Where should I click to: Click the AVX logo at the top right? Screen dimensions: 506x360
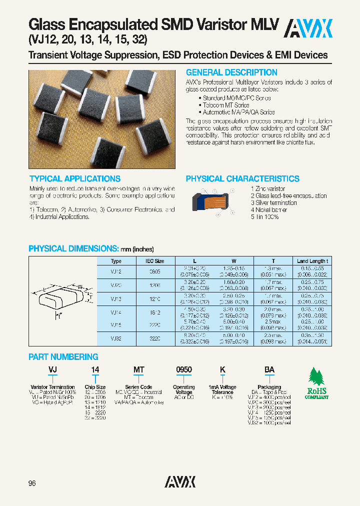(x=308, y=28)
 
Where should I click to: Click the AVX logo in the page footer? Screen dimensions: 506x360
(x=180, y=482)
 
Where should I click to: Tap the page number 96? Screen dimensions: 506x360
(x=33, y=482)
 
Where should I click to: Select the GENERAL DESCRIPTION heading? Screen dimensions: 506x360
(x=231, y=72)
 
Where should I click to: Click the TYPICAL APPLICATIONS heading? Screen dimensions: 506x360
(x=75, y=178)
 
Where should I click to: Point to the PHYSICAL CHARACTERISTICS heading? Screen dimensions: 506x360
(x=242, y=178)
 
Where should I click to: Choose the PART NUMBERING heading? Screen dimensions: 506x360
(x=63, y=357)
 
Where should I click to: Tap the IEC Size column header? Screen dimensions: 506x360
(x=155, y=261)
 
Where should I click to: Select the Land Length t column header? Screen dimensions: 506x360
(x=312, y=261)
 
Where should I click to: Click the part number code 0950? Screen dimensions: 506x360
(x=184, y=369)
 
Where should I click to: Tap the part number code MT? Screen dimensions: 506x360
(x=138, y=369)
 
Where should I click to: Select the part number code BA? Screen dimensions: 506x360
(x=269, y=369)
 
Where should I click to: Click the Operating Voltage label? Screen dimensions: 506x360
(x=184, y=390)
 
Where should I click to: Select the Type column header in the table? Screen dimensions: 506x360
(x=116, y=261)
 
